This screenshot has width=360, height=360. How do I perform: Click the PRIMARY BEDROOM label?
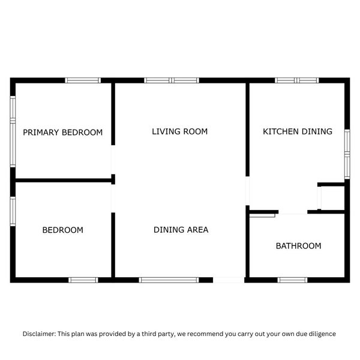tap(62, 133)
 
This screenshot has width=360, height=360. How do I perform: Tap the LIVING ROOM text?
tap(179, 131)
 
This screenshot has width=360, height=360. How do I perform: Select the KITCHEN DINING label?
tap(297, 131)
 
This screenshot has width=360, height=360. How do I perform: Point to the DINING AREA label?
tap(181, 230)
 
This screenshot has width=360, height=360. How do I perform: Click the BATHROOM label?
tap(298, 246)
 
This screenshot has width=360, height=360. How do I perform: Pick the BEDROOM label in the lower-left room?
tap(62, 230)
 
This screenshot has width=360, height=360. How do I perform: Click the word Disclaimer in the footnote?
tap(39, 334)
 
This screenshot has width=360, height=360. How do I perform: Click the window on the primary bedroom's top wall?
tap(82, 80)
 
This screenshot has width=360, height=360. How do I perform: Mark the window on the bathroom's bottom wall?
tap(293, 280)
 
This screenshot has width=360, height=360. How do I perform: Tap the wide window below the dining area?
tap(169, 280)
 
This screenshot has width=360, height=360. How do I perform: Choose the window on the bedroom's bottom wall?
tap(83, 280)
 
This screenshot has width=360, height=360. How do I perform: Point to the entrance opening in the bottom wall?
tap(229, 280)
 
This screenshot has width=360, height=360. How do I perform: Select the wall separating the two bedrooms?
tap(62, 179)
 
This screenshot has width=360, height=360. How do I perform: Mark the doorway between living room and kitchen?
tap(247, 191)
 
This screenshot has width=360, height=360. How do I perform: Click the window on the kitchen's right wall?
tap(347, 153)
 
